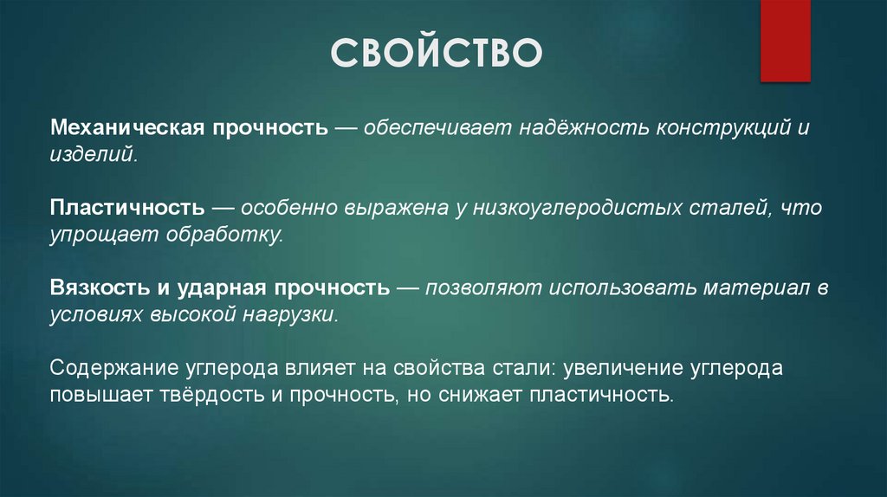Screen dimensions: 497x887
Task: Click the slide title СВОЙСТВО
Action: [x=437, y=52]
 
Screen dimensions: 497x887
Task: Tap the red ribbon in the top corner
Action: [x=785, y=40]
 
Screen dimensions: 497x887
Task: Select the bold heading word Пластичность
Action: [x=127, y=209]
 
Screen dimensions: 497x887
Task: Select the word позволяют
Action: [x=476, y=288]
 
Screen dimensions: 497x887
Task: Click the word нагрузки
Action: [x=299, y=315]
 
